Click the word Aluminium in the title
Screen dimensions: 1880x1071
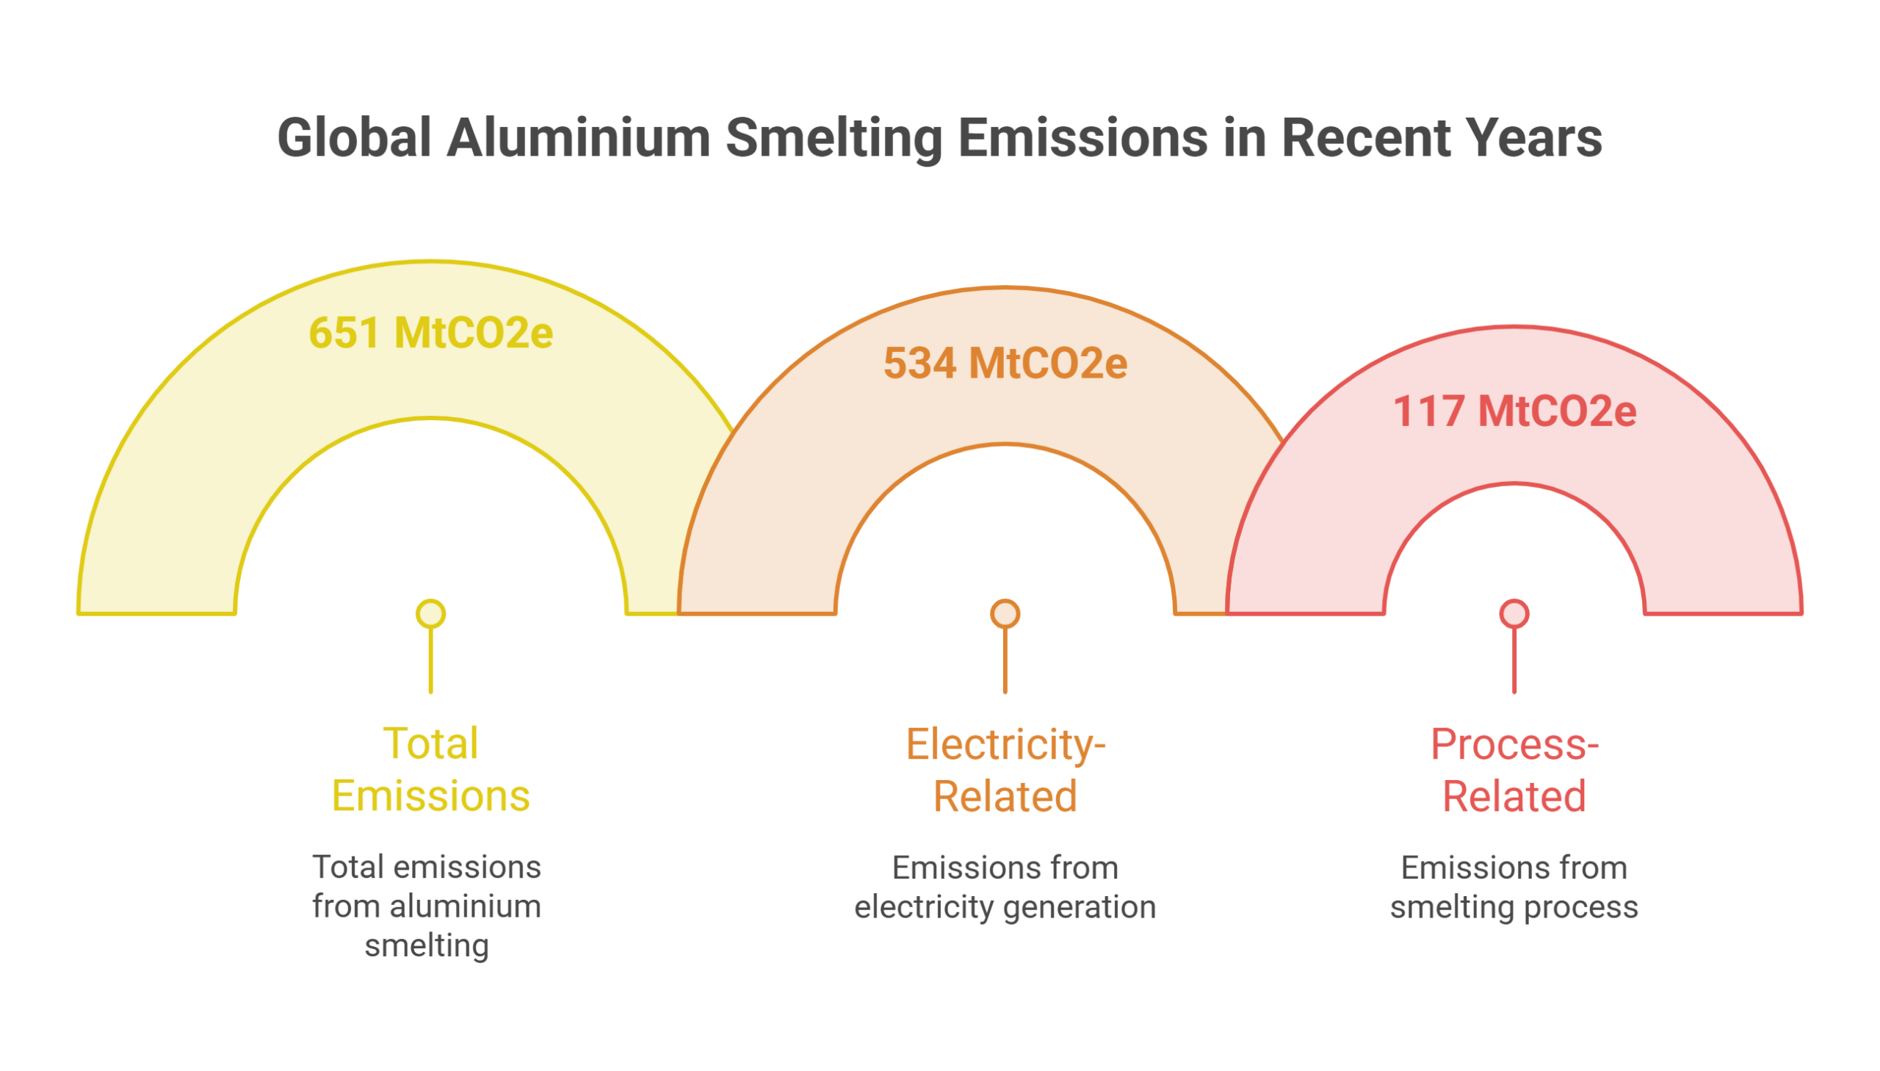click(578, 137)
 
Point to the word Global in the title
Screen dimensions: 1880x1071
click(354, 137)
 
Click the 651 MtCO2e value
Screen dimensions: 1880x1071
click(431, 333)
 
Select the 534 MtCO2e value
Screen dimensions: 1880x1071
click(1005, 364)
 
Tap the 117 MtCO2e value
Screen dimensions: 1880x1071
click(1514, 411)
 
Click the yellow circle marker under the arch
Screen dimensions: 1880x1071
click(431, 613)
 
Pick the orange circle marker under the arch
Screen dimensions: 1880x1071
click(1005, 613)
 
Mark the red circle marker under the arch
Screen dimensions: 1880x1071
click(1514, 613)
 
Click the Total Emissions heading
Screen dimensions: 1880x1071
click(431, 769)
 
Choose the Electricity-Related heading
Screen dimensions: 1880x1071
click(1005, 769)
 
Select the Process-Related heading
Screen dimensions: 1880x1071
click(1514, 769)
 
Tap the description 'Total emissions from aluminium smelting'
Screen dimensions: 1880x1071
click(427, 906)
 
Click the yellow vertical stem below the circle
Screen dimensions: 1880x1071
click(431, 660)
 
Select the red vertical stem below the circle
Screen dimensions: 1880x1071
click(1514, 660)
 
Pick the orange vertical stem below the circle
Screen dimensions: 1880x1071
click(1005, 660)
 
